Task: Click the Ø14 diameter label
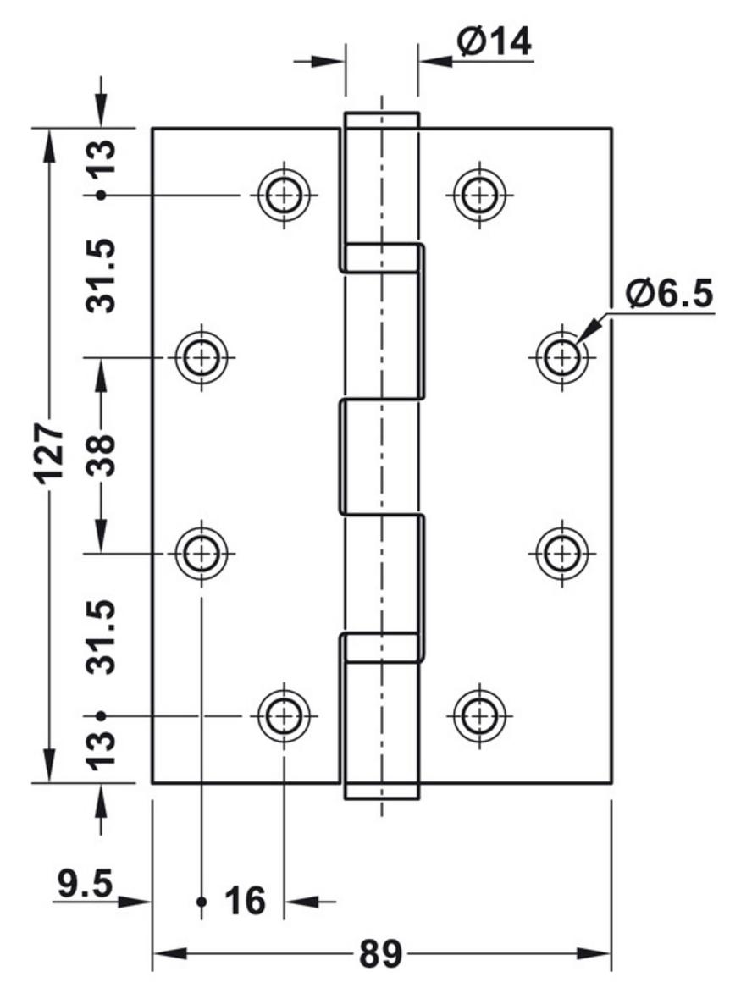pyautogui.click(x=494, y=42)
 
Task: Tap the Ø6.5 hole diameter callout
pyautogui.click(x=668, y=294)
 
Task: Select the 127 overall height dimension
pyautogui.click(x=52, y=453)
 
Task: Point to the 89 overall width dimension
pyautogui.click(x=380, y=954)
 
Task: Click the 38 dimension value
pyautogui.click(x=101, y=455)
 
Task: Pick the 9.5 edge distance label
pyautogui.click(x=85, y=884)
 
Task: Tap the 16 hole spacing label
pyautogui.click(x=245, y=901)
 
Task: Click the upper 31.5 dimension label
pyautogui.click(x=102, y=275)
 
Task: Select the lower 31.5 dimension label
pyautogui.click(x=102, y=636)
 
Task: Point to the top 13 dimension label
pyautogui.click(x=102, y=157)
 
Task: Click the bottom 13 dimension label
pyautogui.click(x=102, y=750)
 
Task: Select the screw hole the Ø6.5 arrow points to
pyautogui.click(x=561, y=357)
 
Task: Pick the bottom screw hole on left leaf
pyautogui.click(x=285, y=715)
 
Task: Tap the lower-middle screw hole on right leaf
pyautogui.click(x=561, y=553)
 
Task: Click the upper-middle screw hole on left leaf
pyautogui.click(x=202, y=357)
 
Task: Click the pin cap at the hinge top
pyautogui.click(x=382, y=120)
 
